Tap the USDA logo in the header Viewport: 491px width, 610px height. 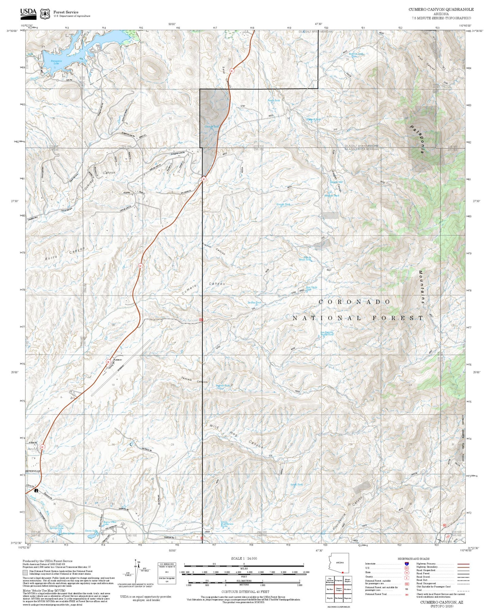(28, 14)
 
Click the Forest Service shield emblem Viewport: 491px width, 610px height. (45, 14)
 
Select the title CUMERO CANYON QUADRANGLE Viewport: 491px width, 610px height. (441, 10)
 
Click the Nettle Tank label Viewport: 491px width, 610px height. (274, 100)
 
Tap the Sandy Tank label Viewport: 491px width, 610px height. (296, 485)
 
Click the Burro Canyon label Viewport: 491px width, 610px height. (65, 254)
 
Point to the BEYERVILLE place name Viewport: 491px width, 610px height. (33, 471)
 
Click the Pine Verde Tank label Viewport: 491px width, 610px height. (312, 288)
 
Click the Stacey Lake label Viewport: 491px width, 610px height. (91, 530)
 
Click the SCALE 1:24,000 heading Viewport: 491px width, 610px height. (244, 558)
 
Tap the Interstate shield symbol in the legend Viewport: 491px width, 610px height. (406, 563)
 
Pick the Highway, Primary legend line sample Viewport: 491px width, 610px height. (463, 564)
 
